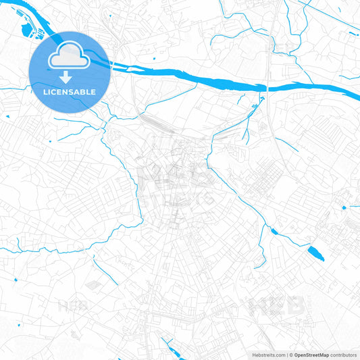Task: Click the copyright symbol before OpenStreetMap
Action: click(x=290, y=354)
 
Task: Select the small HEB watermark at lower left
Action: click(x=73, y=305)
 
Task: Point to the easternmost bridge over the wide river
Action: click(x=269, y=86)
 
